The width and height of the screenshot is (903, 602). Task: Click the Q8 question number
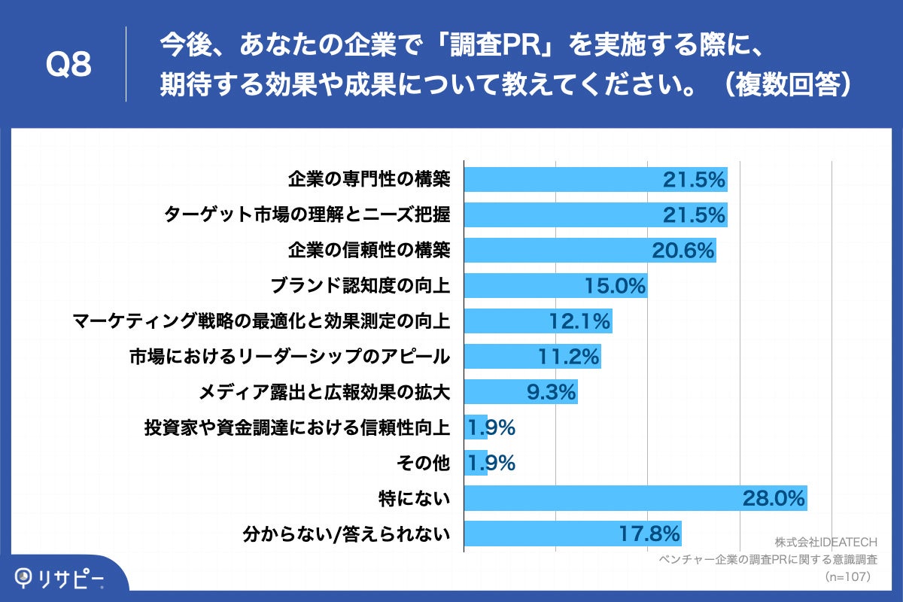pyautogui.click(x=68, y=65)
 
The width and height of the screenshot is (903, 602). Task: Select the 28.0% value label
pyautogui.click(x=774, y=498)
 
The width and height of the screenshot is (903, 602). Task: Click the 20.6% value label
pyautogui.click(x=683, y=251)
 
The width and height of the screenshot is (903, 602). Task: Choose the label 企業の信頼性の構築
pyautogui.click(x=369, y=251)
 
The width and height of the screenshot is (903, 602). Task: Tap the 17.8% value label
pyautogui.click(x=649, y=534)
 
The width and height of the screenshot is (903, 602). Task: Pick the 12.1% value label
pyautogui.click(x=579, y=321)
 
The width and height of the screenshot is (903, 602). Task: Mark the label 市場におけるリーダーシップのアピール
pyautogui.click(x=290, y=357)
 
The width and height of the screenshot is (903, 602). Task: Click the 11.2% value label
pyautogui.click(x=569, y=357)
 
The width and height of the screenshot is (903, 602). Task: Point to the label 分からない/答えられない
pyautogui.click(x=347, y=534)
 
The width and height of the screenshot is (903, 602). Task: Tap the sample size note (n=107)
pyautogui.click(x=847, y=576)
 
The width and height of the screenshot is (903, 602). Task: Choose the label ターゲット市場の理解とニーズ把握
pyautogui.click(x=307, y=215)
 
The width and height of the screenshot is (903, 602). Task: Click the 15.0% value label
pyautogui.click(x=615, y=286)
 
